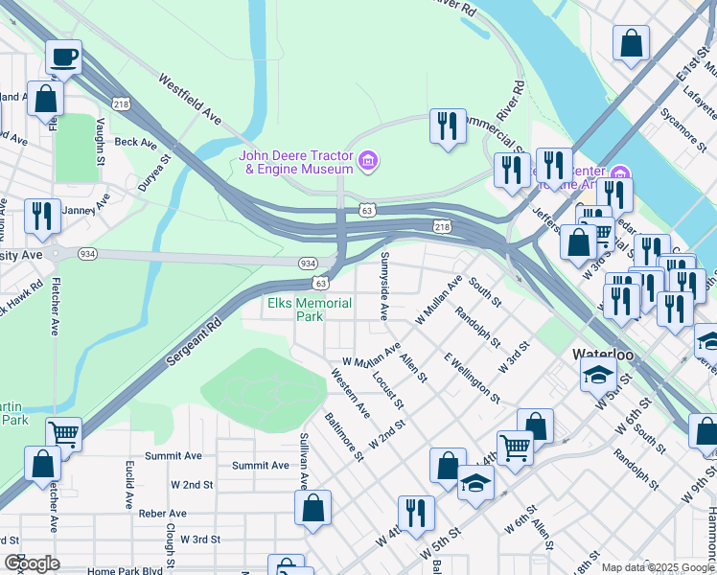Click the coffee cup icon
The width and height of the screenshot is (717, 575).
coord(64,57)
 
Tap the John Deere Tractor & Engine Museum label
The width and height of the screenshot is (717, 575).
coord(296,162)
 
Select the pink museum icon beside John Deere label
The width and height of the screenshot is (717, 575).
coord(368,162)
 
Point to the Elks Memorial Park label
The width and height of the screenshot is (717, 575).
coord(309,310)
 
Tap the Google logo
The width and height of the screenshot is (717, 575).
coord(33,563)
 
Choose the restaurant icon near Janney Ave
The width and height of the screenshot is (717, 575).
coord(41,217)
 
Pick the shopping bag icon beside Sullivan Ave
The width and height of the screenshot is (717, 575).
coord(312,509)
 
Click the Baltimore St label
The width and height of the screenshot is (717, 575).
coord(343,436)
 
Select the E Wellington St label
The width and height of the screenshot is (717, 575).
coord(471,376)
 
